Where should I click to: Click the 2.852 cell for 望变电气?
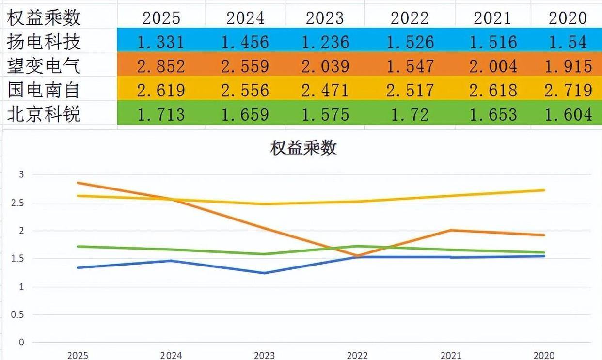coord(161,66)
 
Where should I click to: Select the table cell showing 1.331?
coord(161,42)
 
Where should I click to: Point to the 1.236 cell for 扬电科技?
coord(325,42)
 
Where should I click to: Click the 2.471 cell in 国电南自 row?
coord(325,90)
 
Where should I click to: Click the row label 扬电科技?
coord(44,42)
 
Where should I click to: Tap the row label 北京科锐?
coord(44,114)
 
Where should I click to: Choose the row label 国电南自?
coord(44,90)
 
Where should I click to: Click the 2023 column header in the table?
coord(325,18)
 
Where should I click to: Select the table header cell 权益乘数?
coord(44,18)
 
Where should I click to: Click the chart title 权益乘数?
coord(303,148)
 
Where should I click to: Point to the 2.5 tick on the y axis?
coord(17,203)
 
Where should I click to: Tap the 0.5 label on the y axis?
coord(17,315)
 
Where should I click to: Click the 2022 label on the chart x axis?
coord(358,355)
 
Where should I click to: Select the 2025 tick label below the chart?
coord(78,355)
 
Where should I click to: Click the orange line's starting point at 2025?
coord(78,183)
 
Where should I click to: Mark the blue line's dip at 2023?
coord(264,273)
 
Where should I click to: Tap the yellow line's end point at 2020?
coord(544,190)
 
